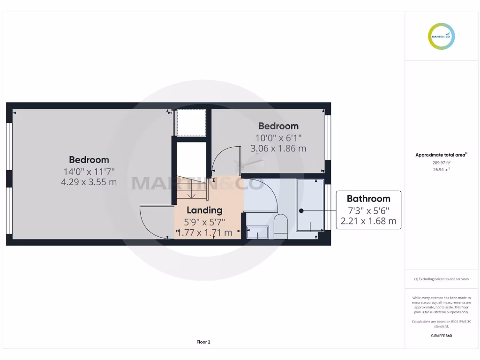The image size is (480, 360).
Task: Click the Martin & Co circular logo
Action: [441, 36]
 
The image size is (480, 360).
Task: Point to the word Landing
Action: [204, 210]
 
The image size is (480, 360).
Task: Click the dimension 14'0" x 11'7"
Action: [89, 172]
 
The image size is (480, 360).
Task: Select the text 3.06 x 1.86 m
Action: [278, 149]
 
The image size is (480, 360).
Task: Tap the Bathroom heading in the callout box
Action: [368, 199]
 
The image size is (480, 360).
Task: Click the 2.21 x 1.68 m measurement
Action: [368, 221]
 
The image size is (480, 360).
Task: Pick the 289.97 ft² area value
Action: [441, 163]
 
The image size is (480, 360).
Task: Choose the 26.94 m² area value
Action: [441, 170]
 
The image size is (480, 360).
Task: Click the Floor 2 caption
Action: [203, 342]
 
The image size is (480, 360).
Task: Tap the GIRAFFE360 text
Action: [441, 336]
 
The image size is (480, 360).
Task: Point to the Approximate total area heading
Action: [441, 155]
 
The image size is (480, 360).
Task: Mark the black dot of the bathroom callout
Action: [301, 211]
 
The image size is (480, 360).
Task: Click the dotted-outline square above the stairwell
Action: [191, 122]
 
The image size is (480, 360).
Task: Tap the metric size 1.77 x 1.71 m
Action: [204, 232]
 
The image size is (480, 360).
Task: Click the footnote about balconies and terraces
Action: [441, 279]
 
